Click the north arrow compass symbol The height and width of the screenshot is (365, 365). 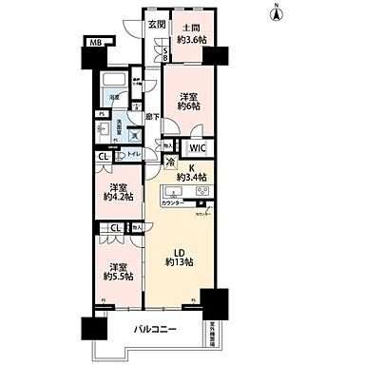[x=276, y=13]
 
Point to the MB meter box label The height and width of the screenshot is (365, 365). [x=95, y=43]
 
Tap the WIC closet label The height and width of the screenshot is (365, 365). [x=197, y=148]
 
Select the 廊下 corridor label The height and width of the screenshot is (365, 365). [x=151, y=117]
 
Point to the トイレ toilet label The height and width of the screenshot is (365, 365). [x=135, y=152]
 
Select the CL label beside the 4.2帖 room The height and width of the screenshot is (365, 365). [x=103, y=158]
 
